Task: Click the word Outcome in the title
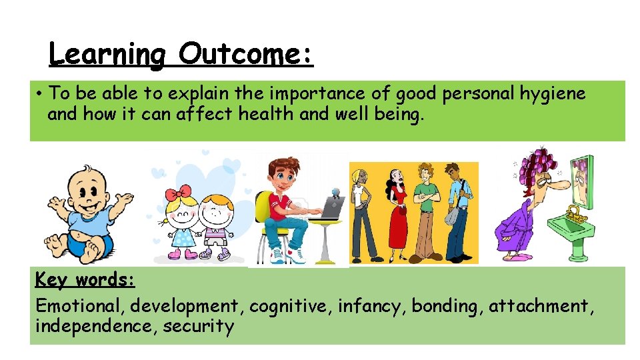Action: (245, 53)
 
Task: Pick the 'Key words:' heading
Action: (85, 279)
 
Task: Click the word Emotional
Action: (79, 306)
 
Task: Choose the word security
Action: (199, 327)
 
